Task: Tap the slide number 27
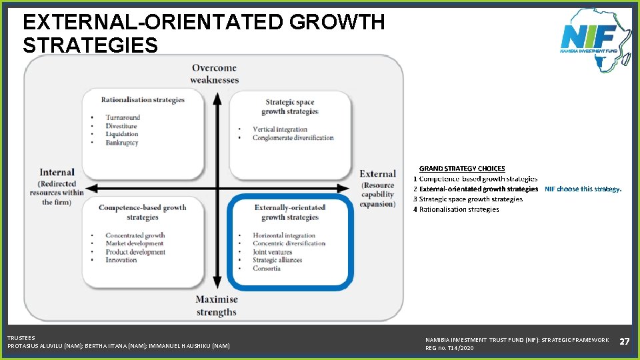point(625,341)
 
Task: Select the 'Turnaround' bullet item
point(123,117)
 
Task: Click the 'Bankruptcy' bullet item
point(121,143)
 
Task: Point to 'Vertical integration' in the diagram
point(280,129)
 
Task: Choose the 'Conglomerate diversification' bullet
point(293,138)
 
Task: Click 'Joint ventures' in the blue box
point(272,252)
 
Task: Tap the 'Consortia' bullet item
point(267,269)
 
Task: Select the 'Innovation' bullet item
point(121,260)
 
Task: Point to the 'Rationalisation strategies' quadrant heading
point(143,100)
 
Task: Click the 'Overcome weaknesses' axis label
point(214,73)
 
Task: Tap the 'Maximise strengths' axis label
point(217,306)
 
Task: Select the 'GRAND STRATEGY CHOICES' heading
point(462,169)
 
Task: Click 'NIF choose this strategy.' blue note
point(583,189)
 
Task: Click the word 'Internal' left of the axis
point(57,173)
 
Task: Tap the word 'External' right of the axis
point(378,174)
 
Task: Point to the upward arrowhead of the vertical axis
point(217,98)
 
